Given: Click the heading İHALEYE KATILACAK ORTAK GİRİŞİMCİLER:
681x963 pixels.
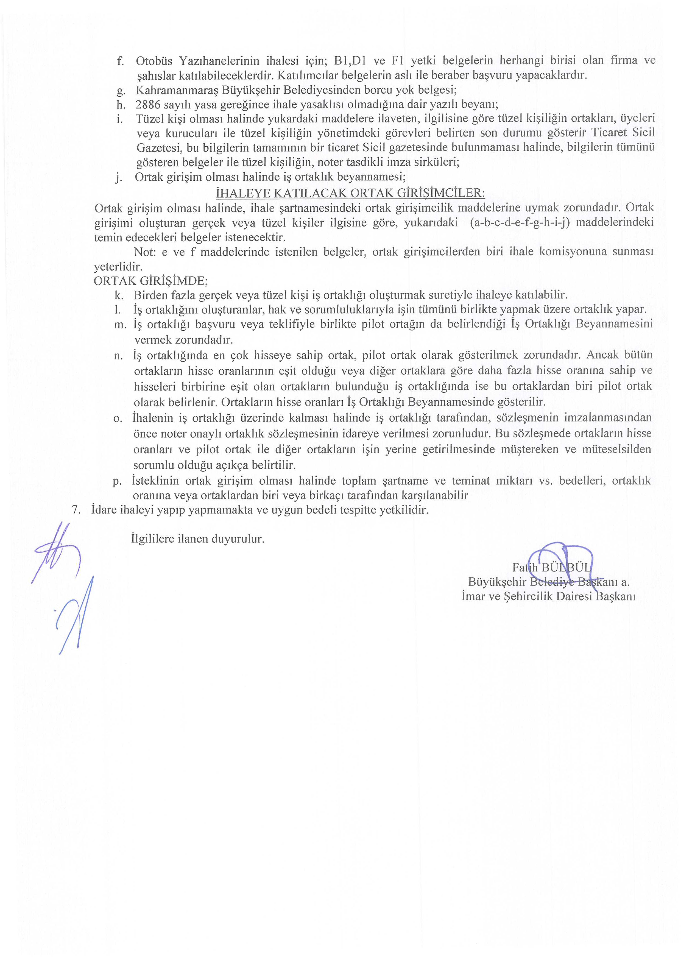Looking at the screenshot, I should point(350,193).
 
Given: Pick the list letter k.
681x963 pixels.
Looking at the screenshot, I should point(119,295).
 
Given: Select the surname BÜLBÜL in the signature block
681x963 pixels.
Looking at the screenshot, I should point(566,568).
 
